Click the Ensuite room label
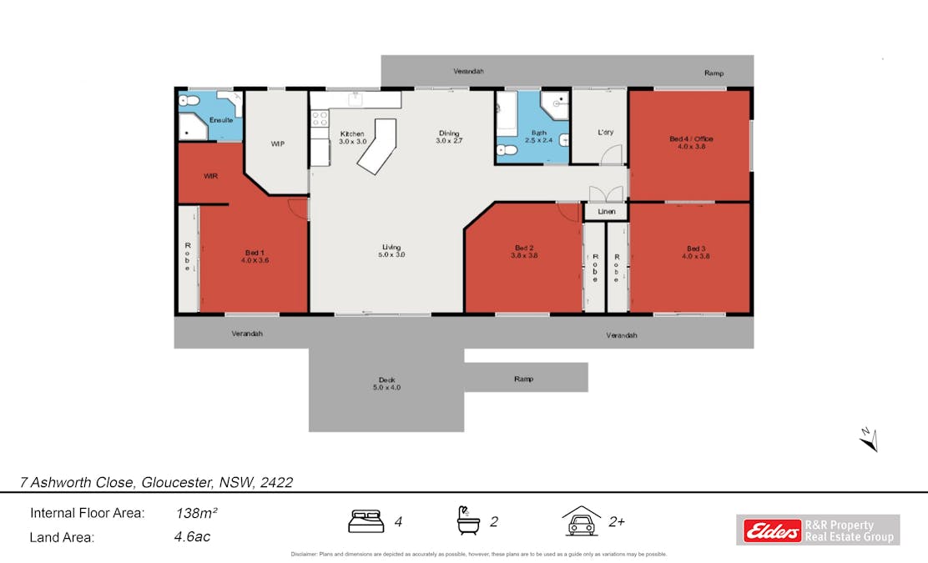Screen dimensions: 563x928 (221, 120)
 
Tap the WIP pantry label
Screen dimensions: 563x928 (278, 144)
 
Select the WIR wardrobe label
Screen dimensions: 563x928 (210, 177)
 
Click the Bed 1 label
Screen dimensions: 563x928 (255, 256)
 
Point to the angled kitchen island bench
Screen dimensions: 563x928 (378, 146)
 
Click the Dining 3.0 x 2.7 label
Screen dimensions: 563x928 (449, 138)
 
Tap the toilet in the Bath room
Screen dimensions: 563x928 (507, 151)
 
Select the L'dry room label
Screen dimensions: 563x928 (606, 133)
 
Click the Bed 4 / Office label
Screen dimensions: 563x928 (691, 143)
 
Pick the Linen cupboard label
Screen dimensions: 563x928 (606, 213)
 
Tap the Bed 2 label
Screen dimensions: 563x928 (524, 252)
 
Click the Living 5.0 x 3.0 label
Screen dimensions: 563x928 (391, 251)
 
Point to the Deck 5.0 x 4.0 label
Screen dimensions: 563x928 (386, 384)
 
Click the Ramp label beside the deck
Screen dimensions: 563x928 (523, 379)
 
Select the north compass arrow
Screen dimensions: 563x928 (868, 438)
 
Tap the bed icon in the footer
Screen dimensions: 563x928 (366, 522)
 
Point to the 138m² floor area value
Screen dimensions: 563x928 (193, 514)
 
